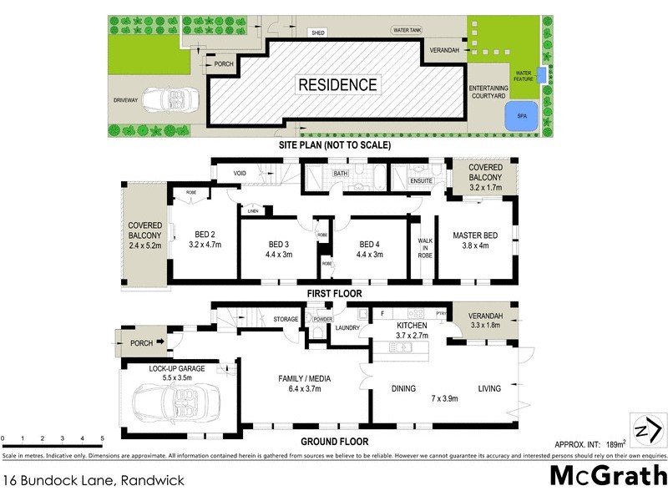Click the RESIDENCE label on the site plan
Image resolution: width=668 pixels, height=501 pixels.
[x=338, y=84]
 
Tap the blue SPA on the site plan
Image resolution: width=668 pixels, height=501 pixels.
[x=522, y=117]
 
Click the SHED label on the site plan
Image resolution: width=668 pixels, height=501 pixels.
[x=318, y=33]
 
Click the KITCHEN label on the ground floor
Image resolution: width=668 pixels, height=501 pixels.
[x=412, y=325]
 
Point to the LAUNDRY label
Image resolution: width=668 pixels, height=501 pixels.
[x=347, y=327]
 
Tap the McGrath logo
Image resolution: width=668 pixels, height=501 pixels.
[x=608, y=477]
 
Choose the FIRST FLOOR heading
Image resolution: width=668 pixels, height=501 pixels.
[x=334, y=294]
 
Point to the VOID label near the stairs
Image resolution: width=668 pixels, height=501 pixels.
[x=240, y=174]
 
